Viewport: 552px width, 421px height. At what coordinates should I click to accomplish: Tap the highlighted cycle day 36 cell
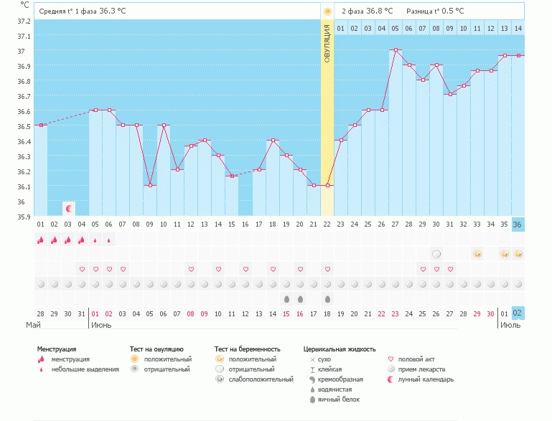[x=518, y=224]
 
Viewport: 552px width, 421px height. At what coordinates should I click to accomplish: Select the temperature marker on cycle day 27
[x=396, y=50]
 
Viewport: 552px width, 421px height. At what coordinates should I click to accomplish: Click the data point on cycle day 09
[x=150, y=186]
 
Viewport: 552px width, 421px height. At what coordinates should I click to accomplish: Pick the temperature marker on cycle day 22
[x=327, y=186]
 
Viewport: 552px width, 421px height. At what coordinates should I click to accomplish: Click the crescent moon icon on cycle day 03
[x=69, y=209]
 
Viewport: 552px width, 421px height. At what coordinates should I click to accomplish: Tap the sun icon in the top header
[x=327, y=11]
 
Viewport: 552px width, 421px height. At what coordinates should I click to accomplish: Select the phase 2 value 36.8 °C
[x=380, y=11]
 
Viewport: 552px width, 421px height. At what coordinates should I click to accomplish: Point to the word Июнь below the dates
[x=101, y=325]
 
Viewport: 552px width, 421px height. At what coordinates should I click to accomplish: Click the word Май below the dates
[x=33, y=325]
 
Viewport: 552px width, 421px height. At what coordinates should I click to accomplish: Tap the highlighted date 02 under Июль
[x=518, y=313]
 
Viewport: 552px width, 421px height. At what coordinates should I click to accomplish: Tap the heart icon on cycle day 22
[x=327, y=269]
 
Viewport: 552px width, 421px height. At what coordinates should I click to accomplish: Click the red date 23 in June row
[x=396, y=313]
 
